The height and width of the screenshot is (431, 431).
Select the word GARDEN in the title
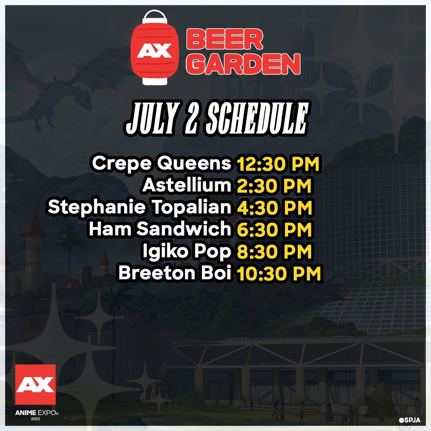(243, 63)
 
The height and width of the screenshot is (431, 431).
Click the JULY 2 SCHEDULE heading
(216, 119)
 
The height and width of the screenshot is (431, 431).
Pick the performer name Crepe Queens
(161, 164)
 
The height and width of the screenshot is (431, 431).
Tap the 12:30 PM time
(279, 164)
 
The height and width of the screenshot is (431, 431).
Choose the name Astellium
(187, 186)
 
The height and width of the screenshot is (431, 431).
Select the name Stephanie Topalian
(140, 208)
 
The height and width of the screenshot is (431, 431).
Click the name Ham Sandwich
(160, 229)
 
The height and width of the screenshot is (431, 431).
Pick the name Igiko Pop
(187, 251)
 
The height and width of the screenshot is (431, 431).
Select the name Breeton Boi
(175, 273)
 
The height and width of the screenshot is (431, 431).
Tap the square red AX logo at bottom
(35, 384)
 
